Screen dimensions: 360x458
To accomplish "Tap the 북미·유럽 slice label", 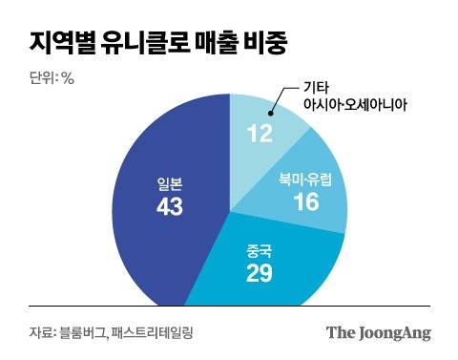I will tap(306, 179).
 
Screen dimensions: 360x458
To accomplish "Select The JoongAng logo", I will tap(378, 332).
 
